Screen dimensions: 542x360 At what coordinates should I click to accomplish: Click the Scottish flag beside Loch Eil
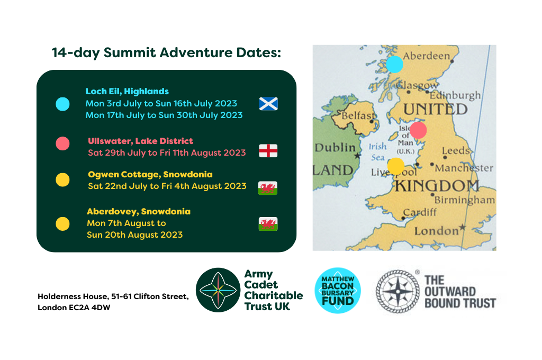point(268,104)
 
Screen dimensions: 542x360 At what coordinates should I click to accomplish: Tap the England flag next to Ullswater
point(268,151)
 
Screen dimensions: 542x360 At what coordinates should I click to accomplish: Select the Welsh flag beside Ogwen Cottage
point(268,188)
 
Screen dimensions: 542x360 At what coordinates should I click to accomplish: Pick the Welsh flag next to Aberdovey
point(268,224)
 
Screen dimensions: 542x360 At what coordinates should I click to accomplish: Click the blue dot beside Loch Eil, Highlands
point(62,104)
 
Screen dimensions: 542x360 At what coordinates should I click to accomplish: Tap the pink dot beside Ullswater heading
point(62,143)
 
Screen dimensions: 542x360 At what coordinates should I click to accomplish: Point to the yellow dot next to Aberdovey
point(62,224)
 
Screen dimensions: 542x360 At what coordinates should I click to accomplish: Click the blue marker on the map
point(394,64)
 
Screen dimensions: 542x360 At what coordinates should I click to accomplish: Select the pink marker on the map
point(418,130)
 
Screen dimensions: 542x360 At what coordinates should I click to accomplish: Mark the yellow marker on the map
point(396,166)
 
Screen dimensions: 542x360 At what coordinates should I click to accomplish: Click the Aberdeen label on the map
point(427,56)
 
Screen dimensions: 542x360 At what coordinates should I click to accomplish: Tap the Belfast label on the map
point(358,115)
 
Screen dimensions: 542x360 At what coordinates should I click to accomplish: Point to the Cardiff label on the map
point(420,212)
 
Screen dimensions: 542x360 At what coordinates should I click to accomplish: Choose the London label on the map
point(437,231)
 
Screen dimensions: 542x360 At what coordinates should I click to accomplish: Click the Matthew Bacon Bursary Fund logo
point(337,291)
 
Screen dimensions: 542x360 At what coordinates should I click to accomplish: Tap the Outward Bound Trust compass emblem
point(398,292)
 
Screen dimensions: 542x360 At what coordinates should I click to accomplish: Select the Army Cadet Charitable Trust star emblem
point(218,290)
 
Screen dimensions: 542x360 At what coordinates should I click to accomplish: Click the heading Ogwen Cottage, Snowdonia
point(150,174)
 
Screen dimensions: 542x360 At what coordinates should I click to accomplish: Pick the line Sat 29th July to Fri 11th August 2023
point(167,153)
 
